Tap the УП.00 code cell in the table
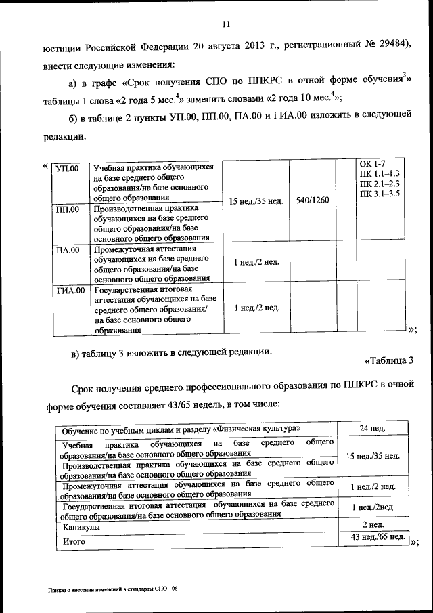pyautogui.click(x=67, y=168)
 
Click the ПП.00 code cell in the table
pyautogui.click(x=67, y=209)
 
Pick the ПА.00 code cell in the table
pyautogui.click(x=67, y=250)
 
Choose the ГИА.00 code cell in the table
pyautogui.click(x=70, y=291)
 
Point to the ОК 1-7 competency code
pyautogui.click(x=372, y=165)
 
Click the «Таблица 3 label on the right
pyautogui.click(x=388, y=360)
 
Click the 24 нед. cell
pyautogui.click(x=372, y=429)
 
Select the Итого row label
pyautogui.click(x=74, y=541)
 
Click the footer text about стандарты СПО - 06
pyautogui.click(x=112, y=590)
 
